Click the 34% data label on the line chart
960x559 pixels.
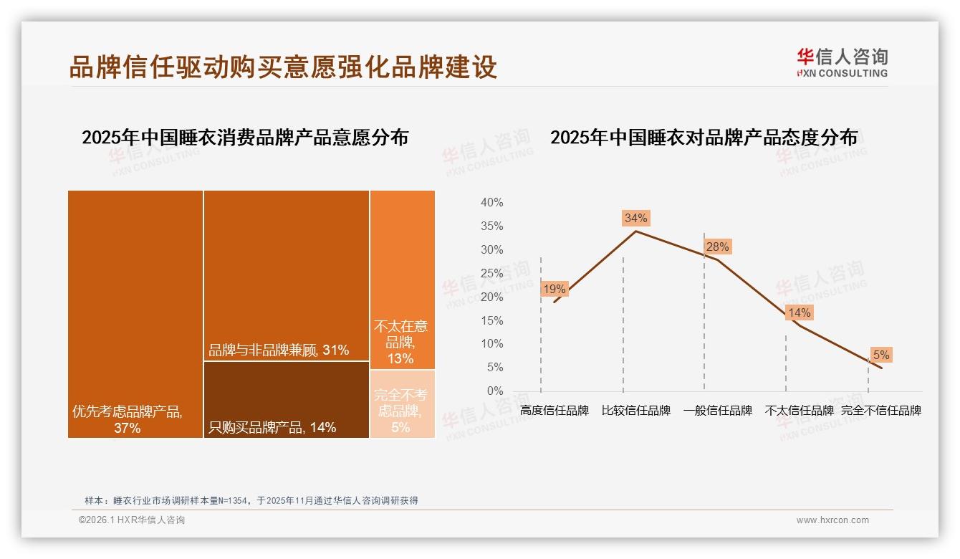(635, 218)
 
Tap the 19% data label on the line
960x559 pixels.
(554, 290)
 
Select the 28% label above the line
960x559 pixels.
(717, 247)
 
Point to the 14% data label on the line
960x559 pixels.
(799, 313)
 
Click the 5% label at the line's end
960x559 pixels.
(880, 355)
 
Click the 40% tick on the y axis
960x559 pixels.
(491, 203)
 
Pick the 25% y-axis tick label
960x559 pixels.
(491, 273)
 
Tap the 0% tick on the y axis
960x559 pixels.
(494, 391)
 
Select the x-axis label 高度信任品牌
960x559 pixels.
(555, 411)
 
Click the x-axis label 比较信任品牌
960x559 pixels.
(636, 411)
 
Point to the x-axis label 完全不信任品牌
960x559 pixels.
(880, 411)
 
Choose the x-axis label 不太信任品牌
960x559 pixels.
(800, 411)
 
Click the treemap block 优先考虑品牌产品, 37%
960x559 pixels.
(135, 314)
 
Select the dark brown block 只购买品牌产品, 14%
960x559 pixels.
(286, 400)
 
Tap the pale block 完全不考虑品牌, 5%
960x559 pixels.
(403, 403)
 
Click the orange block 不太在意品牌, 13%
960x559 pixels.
(403, 279)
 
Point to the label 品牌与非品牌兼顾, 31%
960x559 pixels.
(279, 350)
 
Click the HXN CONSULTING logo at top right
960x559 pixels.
(842, 63)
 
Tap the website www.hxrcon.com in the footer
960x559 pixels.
(832, 520)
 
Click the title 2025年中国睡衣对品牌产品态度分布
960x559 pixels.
(704, 138)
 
